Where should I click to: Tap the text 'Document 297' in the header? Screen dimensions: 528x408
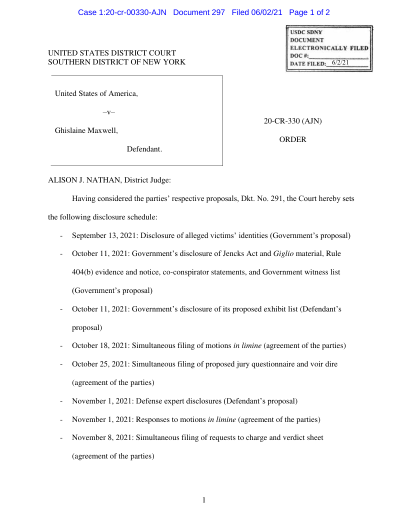199,12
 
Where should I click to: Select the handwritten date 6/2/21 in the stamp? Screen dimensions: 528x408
340,62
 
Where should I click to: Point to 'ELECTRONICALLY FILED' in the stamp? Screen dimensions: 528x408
329,48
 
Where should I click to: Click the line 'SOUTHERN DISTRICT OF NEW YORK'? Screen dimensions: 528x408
116,62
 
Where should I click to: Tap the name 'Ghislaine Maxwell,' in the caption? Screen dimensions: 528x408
86,130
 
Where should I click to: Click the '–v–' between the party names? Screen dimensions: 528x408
108,112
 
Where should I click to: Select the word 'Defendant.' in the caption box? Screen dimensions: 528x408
144,149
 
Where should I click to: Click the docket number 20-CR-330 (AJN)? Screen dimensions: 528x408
292,121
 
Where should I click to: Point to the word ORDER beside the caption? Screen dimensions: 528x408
292,139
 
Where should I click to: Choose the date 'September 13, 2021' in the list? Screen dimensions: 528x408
99,235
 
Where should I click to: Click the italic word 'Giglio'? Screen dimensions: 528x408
283,253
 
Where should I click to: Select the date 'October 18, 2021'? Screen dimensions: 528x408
99,345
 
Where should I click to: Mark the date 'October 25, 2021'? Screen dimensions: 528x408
99,364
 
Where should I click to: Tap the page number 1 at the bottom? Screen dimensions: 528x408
204,500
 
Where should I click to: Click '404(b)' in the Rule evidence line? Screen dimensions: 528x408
82,272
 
